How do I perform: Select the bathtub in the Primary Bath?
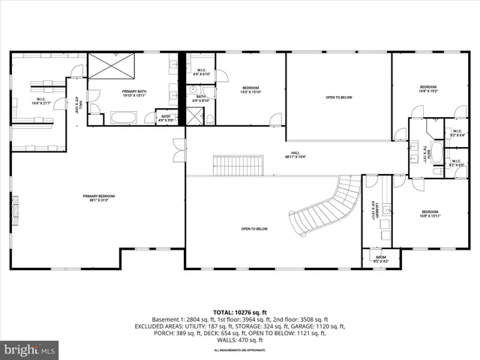[x=124, y=117]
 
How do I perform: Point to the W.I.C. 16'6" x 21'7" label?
[x=42, y=100]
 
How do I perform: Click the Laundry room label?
[x=373, y=212]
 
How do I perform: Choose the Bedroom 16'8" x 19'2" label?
[x=428, y=88]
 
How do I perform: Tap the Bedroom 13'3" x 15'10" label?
[x=250, y=91]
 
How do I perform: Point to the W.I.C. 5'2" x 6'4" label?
[x=457, y=135]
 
